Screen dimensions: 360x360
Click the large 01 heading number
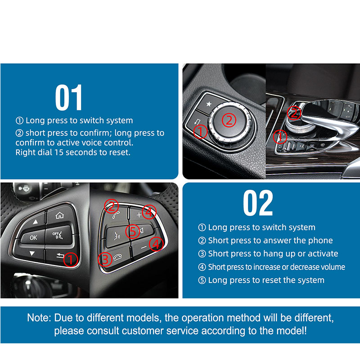pos(69,97)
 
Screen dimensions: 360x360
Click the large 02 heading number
pos(258,203)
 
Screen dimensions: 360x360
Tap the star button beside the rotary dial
pos(209,104)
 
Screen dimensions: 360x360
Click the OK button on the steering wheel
pos(33,238)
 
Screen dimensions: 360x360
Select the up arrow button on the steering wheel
pos(35,222)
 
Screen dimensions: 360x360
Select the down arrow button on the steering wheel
pos(32,253)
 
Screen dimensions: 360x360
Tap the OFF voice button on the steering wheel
pos(58,235)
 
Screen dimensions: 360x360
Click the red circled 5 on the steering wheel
pos(133,231)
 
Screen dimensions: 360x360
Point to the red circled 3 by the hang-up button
pos(105,260)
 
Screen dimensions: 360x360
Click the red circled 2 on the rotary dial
pos(229,120)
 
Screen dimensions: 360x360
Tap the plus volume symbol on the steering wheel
pos(139,215)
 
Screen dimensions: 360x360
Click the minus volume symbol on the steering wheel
pos(144,247)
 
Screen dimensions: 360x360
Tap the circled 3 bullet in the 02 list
pos(202,254)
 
